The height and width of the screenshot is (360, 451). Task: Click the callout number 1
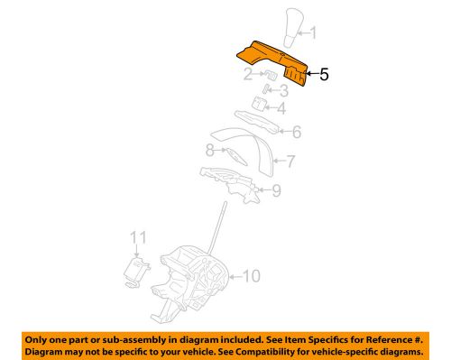click(x=314, y=35)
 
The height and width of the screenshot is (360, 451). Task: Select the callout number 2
click(x=246, y=76)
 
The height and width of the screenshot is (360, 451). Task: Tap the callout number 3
click(x=284, y=90)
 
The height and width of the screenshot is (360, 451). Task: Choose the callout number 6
click(x=296, y=131)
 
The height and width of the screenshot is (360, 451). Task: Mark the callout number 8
click(x=209, y=151)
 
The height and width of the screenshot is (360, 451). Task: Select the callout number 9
click(x=276, y=189)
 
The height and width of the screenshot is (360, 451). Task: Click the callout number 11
click(x=137, y=238)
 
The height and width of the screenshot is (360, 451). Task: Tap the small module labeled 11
click(x=136, y=270)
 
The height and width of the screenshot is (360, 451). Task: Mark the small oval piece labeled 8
click(x=234, y=155)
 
